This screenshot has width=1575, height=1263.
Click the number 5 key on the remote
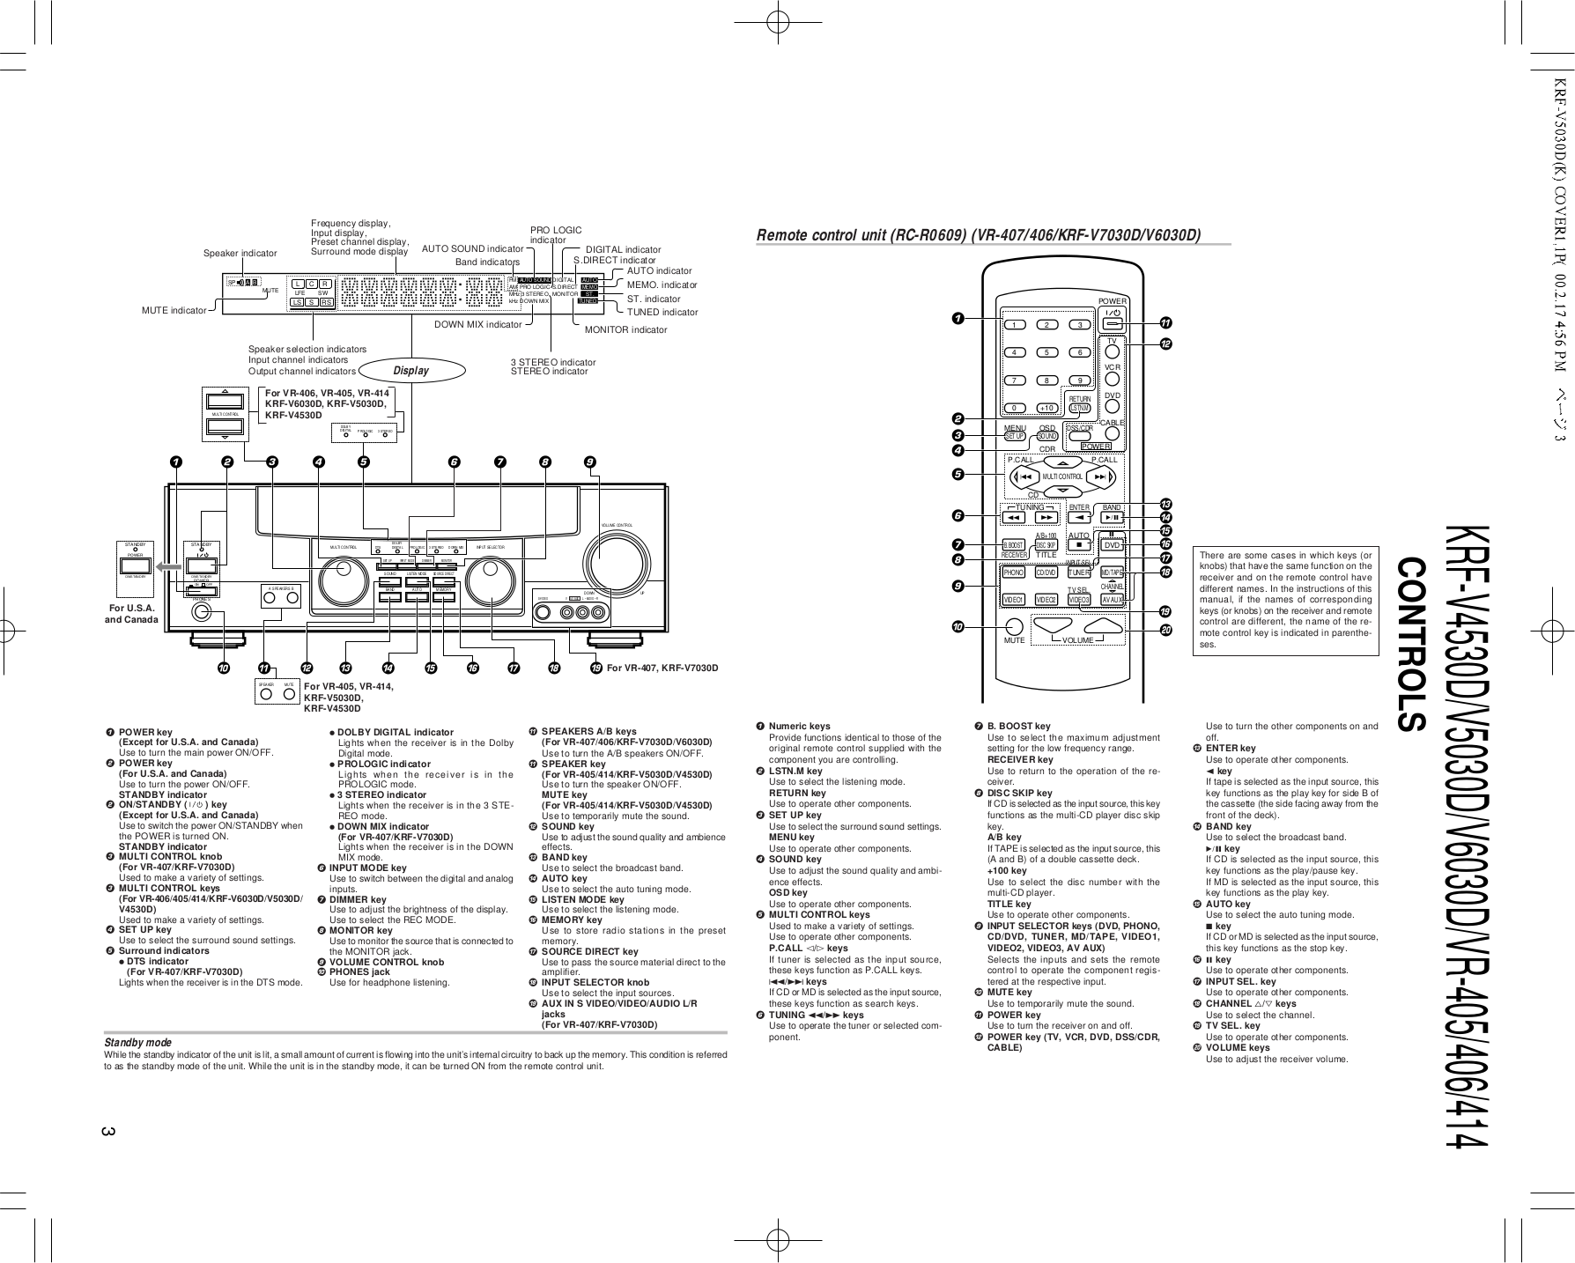pos(1046,352)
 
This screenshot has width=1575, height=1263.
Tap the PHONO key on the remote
pos(1014,572)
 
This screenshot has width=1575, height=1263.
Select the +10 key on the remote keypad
pos(1046,408)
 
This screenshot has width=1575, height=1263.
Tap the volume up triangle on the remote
pos(1101,626)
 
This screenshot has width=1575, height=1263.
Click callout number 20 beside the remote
pos(1165,630)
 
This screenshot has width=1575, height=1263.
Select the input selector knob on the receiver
pos(491,580)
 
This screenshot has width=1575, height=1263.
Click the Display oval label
pos(410,371)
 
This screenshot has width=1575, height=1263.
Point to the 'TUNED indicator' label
pos(662,312)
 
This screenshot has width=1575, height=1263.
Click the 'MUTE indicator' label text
pos(174,310)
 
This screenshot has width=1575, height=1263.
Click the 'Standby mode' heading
pos(137,1042)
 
